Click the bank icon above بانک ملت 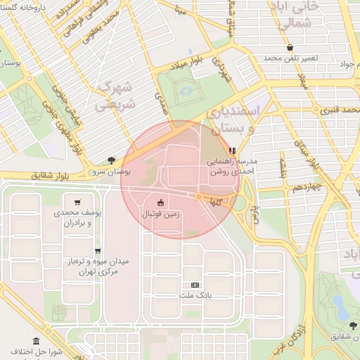tap(195, 285)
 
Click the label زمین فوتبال tap(162, 213)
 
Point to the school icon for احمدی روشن tap(233, 150)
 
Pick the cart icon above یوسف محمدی tap(77, 201)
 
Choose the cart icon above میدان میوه tap(98, 250)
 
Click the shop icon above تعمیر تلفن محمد tap(290, 47)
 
